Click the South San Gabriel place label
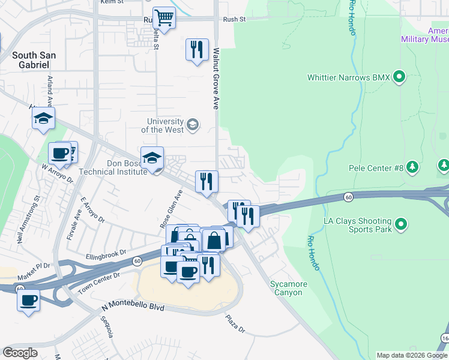(34, 60)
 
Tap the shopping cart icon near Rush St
(163, 17)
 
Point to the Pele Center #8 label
(376, 169)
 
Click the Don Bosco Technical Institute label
(127, 167)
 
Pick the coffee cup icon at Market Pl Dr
(28, 299)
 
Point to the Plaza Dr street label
(235, 324)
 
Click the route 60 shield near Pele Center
(348, 197)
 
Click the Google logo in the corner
(20, 353)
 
